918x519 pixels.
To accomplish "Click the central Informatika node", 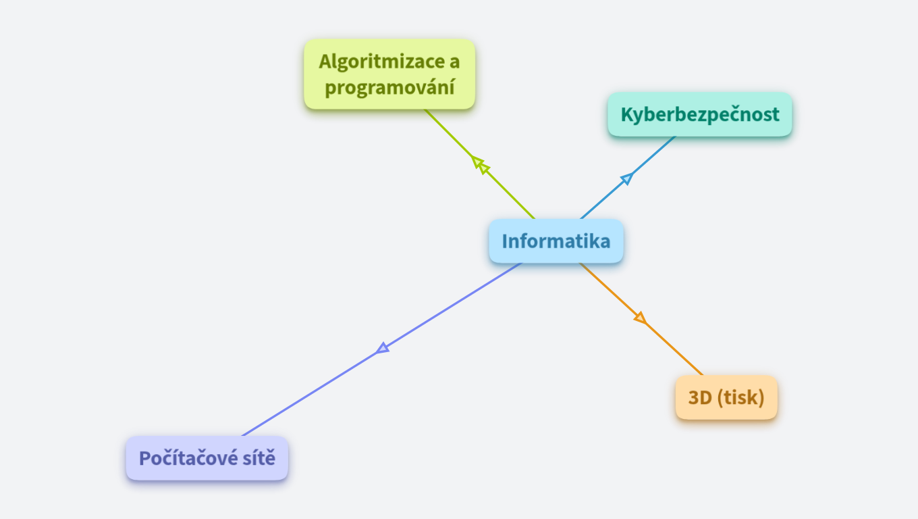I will tap(556, 241).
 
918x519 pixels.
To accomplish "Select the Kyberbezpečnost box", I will tap(699, 114).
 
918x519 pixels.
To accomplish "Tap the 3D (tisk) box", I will tap(726, 397).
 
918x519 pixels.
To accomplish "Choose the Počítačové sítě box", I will tap(207, 458).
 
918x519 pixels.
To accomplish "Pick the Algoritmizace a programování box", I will tap(389, 74).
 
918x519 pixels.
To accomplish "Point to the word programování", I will tap(389, 88).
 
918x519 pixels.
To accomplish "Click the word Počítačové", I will tap(181, 458).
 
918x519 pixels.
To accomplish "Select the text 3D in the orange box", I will tap(700, 397).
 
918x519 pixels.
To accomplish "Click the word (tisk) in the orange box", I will tap(740, 397).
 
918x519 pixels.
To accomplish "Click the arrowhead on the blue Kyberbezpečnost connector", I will tap(626, 178).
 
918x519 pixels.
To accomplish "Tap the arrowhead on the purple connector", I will tap(383, 348).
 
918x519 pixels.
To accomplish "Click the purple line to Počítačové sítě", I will tap(317, 389).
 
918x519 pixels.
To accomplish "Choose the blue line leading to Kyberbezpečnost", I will tap(651, 157).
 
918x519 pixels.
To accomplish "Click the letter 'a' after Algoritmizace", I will tap(455, 61).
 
